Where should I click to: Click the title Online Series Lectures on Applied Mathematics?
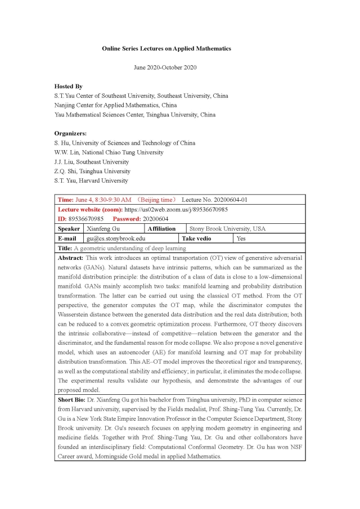point(166,49)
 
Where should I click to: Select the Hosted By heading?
point(68,87)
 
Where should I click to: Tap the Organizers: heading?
point(70,134)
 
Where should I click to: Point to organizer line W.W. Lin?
point(109,152)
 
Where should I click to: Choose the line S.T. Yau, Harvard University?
point(91,181)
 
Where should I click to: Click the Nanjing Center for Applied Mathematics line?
point(115,105)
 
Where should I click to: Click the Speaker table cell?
point(69,229)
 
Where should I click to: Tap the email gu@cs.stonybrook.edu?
point(115,238)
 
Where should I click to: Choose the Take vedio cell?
point(196,238)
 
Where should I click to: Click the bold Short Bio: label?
point(73,400)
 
